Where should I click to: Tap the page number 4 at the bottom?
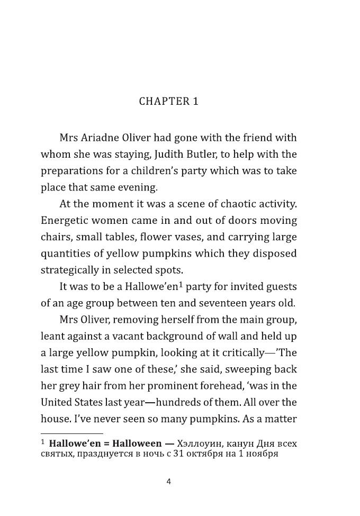pos(169,482)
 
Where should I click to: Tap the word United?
pos(57,403)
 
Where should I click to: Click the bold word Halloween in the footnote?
pos(137,443)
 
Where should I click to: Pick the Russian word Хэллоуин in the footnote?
pos(197,443)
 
